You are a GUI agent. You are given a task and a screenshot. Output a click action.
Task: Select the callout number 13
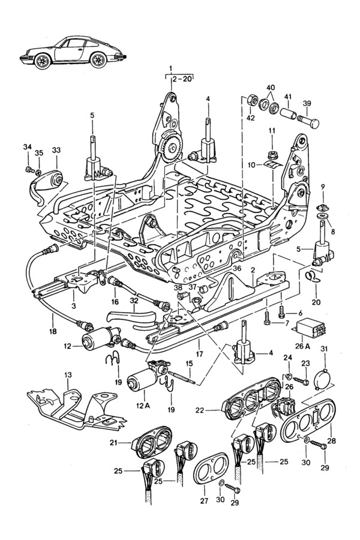tap(68, 375)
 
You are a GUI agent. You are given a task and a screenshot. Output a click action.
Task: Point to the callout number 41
tap(288, 97)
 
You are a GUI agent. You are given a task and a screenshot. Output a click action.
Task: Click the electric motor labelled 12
tap(98, 343)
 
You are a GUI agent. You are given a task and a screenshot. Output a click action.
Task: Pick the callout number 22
tap(200, 410)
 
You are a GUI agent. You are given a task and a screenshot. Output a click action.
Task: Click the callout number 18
tap(53, 331)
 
